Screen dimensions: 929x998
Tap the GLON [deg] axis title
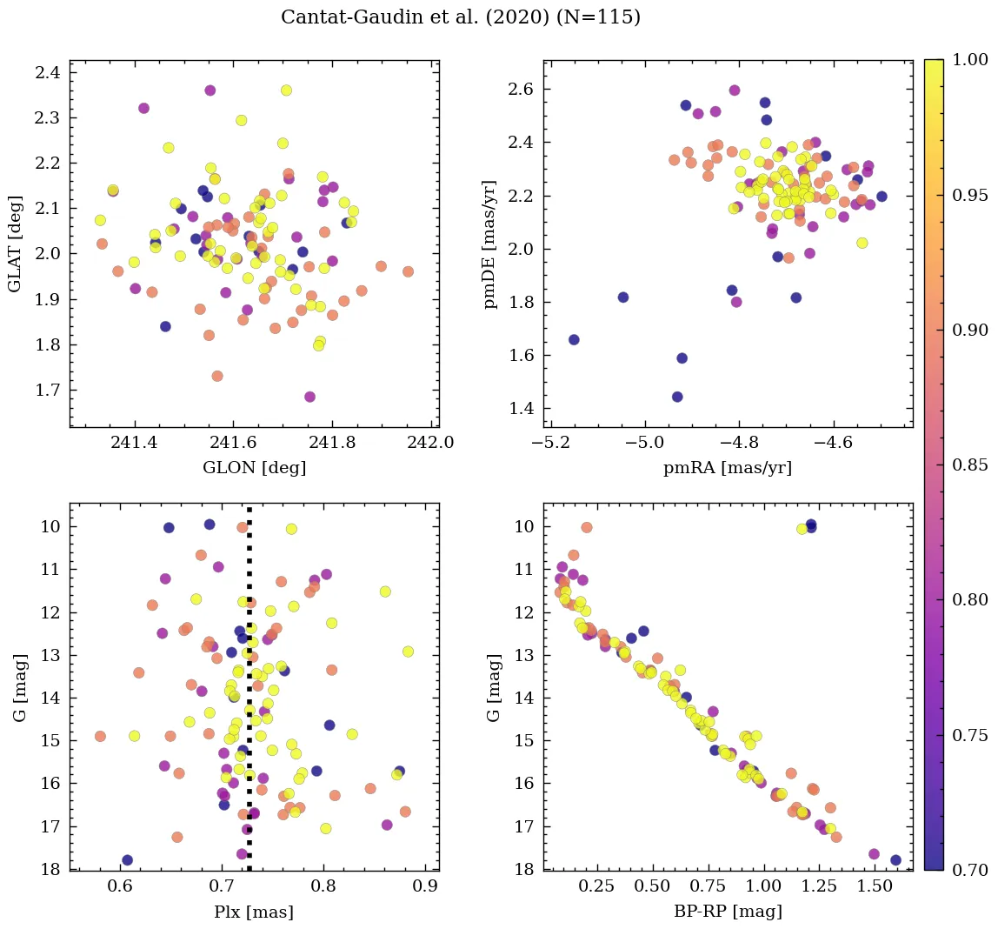click(254, 468)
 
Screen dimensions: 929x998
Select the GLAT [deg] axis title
click(15, 244)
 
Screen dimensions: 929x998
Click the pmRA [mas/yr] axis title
click(728, 468)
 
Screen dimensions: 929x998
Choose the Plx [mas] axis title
click(254, 912)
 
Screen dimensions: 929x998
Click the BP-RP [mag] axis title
click(728, 912)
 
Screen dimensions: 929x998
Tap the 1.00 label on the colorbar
click(970, 59)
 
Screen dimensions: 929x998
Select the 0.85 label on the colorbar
click(970, 464)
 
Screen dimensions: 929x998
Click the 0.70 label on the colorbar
click(970, 870)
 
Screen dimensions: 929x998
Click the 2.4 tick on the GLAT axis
click(48, 72)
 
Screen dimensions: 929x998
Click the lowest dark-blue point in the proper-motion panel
click(677, 397)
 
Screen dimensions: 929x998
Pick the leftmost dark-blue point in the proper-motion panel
click(574, 339)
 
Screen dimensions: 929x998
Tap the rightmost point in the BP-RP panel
click(895, 860)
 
